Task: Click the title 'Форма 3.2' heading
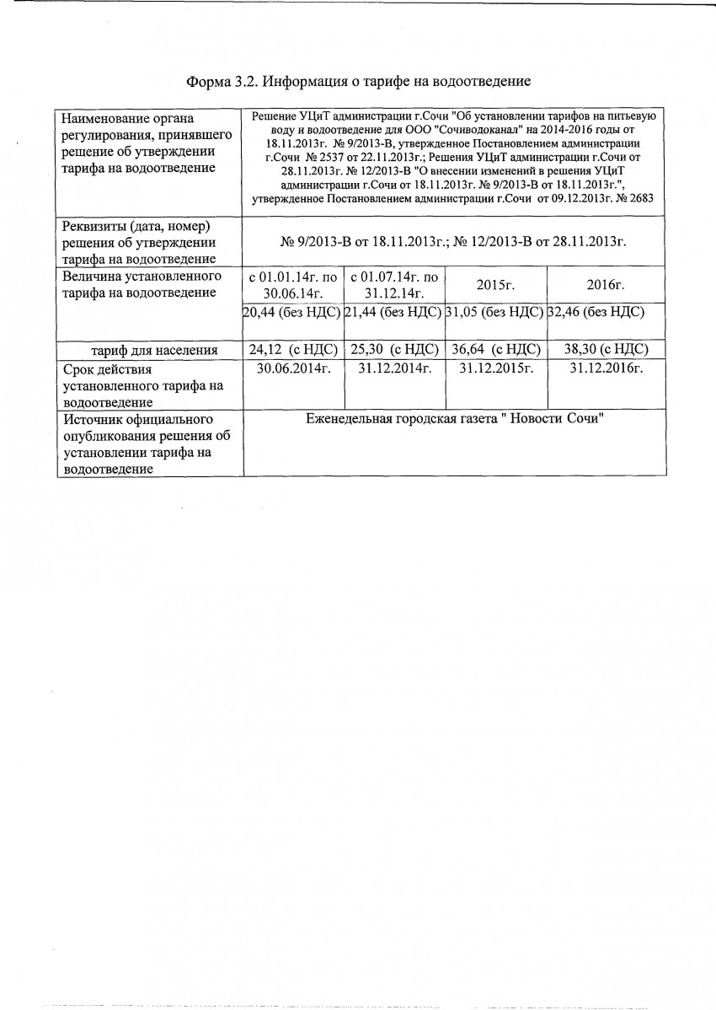point(357,82)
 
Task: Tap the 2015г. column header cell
point(495,285)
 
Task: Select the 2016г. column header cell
point(600,285)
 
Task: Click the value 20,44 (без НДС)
point(291,312)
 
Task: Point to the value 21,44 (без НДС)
point(394,312)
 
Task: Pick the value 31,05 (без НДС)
point(495,312)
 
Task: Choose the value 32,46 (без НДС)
point(596,312)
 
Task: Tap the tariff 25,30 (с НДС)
point(394,350)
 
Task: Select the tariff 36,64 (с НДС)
point(495,350)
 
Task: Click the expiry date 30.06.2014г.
point(293,368)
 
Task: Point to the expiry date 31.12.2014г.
point(394,368)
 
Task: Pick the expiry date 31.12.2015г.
point(495,368)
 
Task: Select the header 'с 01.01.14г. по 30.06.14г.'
point(293,285)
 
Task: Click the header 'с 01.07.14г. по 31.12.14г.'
point(394,285)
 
